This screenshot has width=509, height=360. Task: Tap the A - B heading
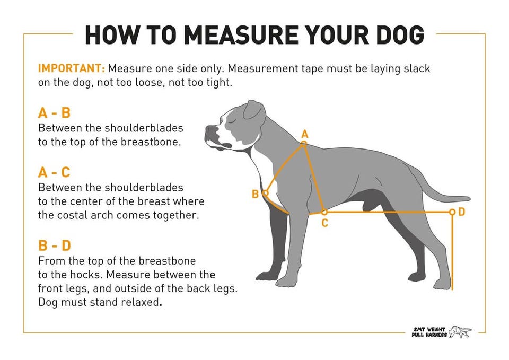pos(54,113)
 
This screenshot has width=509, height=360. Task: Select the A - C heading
pos(54,172)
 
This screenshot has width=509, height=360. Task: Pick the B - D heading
pos(55,245)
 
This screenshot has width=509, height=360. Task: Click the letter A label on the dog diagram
pos(304,134)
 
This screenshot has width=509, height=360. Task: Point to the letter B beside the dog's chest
pos(256,194)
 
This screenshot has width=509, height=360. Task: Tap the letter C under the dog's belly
pos(324,223)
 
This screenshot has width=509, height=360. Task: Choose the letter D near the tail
pos(462,212)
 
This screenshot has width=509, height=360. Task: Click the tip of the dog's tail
pos(469,198)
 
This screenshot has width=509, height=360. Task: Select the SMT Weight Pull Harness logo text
pos(429,332)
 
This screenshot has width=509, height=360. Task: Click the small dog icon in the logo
pos(460,332)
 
